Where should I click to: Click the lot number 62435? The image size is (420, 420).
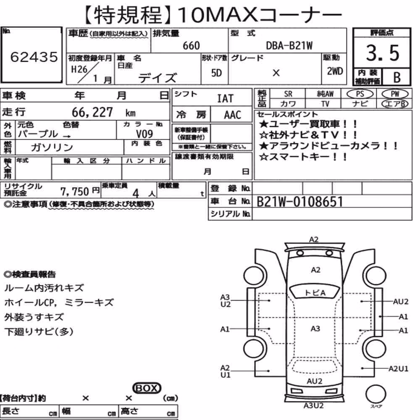34,57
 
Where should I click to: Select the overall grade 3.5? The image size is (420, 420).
383,53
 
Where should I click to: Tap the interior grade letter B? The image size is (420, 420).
397,77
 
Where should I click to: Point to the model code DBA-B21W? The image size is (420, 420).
289,45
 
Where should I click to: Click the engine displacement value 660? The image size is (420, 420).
191,45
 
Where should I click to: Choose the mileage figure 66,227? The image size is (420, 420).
92,112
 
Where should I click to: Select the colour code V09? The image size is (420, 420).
144,134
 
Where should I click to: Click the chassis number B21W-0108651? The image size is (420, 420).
300,202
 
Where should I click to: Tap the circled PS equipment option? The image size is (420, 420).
360,94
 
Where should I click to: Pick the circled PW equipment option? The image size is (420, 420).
395,94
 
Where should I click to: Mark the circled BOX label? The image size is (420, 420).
147,388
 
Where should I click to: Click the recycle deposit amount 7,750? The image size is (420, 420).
74,192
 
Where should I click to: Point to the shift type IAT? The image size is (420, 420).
225,99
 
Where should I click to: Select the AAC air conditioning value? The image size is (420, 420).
233,115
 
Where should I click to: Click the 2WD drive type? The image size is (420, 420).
335,71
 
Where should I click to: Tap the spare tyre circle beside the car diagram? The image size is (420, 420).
375,394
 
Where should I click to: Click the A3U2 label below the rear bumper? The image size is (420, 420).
313,406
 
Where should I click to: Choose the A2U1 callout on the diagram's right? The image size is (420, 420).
398,369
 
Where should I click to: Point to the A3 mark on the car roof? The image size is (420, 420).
315,329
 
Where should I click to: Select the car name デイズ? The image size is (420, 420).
157,78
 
